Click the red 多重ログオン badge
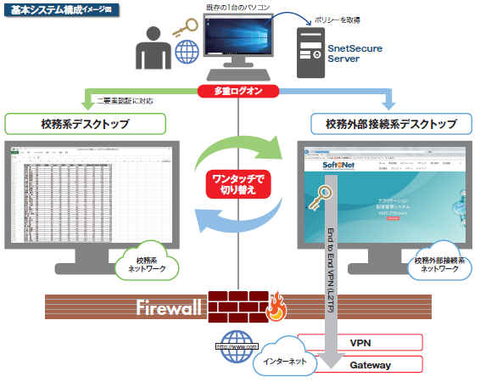pyautogui.click(x=239, y=90)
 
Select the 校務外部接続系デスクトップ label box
pyautogui.click(x=391, y=124)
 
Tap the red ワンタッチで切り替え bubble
pyautogui.click(x=239, y=185)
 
